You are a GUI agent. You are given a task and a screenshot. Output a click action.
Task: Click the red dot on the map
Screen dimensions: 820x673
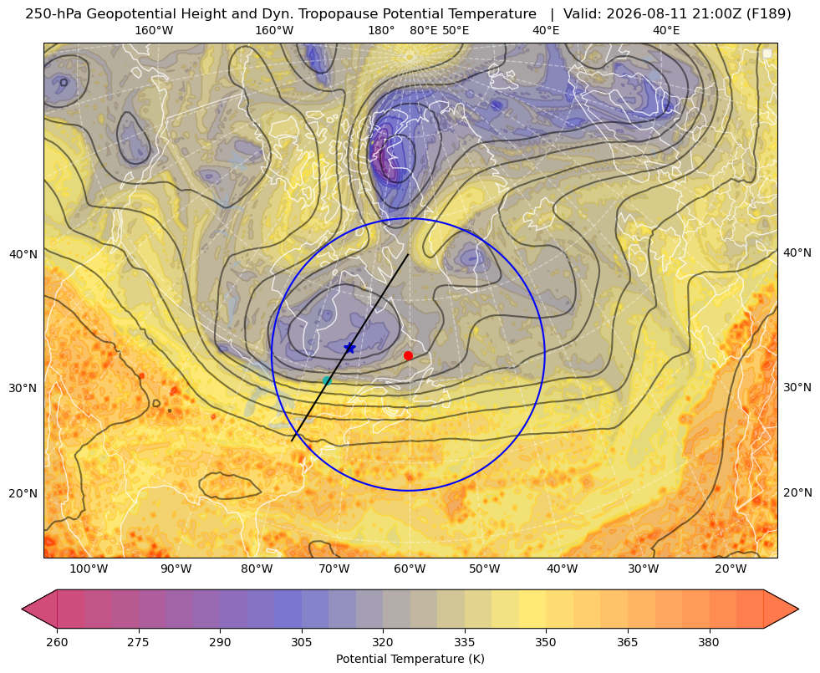pyautogui.click(x=408, y=355)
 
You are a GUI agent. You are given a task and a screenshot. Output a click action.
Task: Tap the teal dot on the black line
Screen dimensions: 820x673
pyautogui.click(x=327, y=380)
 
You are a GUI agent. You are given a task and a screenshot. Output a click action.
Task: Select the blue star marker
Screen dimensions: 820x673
pyautogui.click(x=349, y=348)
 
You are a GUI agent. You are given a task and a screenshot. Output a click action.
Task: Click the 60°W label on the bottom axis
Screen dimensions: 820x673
pyautogui.click(x=410, y=569)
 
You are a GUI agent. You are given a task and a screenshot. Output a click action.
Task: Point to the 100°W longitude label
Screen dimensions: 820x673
pyautogui.click(x=89, y=569)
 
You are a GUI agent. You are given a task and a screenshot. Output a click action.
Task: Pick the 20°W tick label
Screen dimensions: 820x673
pyautogui.click(x=731, y=569)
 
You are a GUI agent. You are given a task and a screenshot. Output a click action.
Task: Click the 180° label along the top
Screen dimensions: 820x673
pyautogui.click(x=381, y=30)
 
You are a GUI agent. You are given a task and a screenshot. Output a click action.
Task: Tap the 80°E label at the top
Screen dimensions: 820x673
pyautogui.click(x=423, y=30)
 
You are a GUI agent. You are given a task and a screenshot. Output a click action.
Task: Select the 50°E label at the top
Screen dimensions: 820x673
pyautogui.click(x=456, y=30)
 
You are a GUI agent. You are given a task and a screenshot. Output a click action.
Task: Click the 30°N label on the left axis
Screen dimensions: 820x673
pyautogui.click(x=23, y=388)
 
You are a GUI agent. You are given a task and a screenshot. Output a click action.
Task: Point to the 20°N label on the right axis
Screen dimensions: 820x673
pyautogui.click(x=797, y=492)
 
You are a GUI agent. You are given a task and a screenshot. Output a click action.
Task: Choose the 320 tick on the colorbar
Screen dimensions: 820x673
pyautogui.click(x=383, y=642)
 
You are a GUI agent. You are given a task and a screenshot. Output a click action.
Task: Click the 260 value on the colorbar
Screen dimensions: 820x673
pyautogui.click(x=57, y=642)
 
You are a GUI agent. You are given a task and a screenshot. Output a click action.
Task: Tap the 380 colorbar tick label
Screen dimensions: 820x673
pyautogui.click(x=709, y=642)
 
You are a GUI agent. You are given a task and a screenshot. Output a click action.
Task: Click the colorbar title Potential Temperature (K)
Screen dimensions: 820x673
pyautogui.click(x=410, y=659)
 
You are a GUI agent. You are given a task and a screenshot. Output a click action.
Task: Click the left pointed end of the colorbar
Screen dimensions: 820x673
pyautogui.click(x=23, y=609)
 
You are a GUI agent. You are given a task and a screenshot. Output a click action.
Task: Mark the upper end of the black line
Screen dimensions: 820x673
pyautogui.click(x=408, y=255)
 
